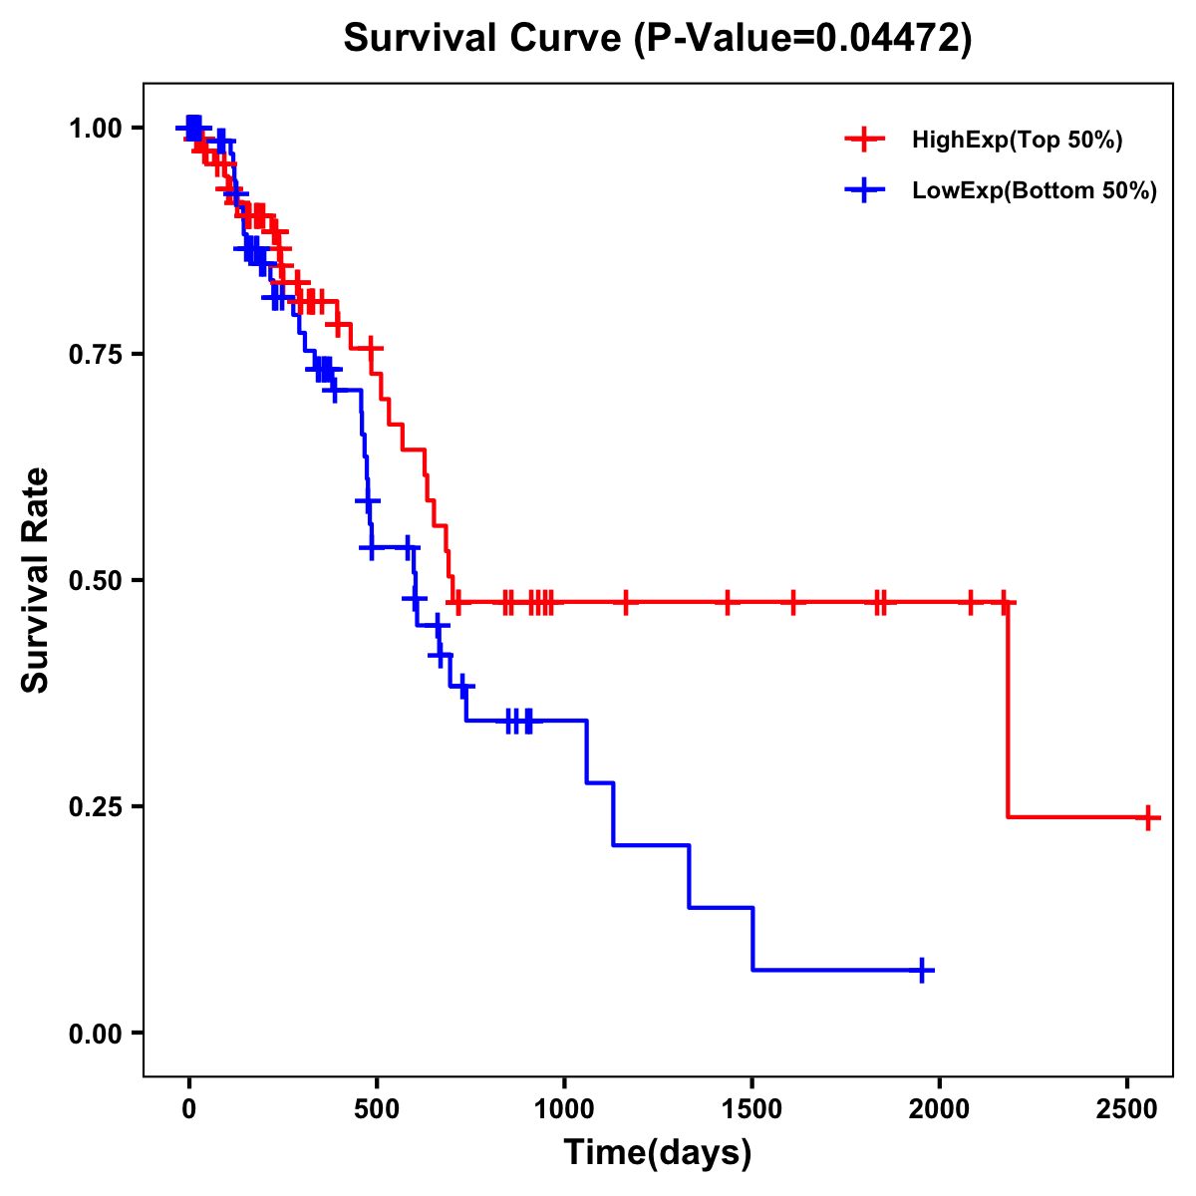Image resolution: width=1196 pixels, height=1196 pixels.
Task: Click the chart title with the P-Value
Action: click(x=657, y=39)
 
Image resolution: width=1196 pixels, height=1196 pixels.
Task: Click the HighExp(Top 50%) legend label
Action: click(x=1017, y=141)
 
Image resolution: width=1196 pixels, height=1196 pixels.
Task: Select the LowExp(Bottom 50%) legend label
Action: click(x=1035, y=191)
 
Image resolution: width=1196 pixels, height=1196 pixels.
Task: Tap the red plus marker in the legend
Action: click(x=864, y=140)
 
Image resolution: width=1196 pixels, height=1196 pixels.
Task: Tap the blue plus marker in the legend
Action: click(x=864, y=190)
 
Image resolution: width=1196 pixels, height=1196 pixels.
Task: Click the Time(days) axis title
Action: click(x=658, y=1153)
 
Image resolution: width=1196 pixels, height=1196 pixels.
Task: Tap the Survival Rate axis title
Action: click(x=36, y=580)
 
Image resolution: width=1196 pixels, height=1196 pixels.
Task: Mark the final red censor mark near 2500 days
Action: click(x=1147, y=817)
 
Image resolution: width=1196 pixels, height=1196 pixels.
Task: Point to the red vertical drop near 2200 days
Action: click(x=1008, y=710)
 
